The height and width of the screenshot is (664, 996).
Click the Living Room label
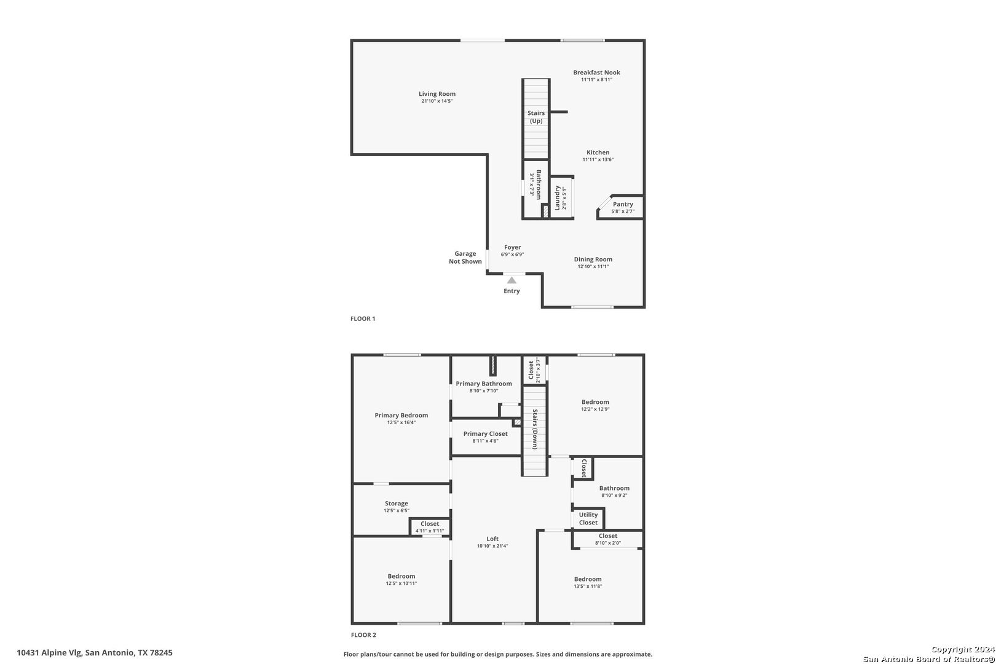pyautogui.click(x=437, y=94)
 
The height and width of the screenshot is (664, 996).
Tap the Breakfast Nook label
pyautogui.click(x=596, y=73)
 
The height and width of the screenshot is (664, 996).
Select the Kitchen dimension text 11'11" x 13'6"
pyautogui.click(x=598, y=160)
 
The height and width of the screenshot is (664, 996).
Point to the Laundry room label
pyautogui.click(x=556, y=198)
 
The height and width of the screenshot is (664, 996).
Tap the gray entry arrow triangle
pyautogui.click(x=512, y=280)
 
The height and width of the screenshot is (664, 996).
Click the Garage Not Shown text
pyautogui.click(x=465, y=258)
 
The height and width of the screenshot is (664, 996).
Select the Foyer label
pyautogui.click(x=512, y=247)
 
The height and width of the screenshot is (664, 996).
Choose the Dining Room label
pyautogui.click(x=593, y=259)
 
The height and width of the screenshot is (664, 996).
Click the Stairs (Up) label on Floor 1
pyautogui.click(x=536, y=117)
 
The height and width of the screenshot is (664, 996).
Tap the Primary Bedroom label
pyautogui.click(x=401, y=416)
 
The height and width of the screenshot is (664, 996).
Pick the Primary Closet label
pyautogui.click(x=485, y=433)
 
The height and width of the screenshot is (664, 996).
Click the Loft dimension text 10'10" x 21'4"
pyautogui.click(x=492, y=546)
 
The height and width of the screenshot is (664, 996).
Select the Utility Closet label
pyautogui.click(x=588, y=518)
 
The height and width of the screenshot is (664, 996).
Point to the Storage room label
pyautogui.click(x=396, y=504)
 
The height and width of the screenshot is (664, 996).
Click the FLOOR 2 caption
pyautogui.click(x=363, y=635)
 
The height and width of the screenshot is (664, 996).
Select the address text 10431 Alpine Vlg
pyautogui.click(x=49, y=653)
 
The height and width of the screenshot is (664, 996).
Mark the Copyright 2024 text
pyautogui.click(x=963, y=650)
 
